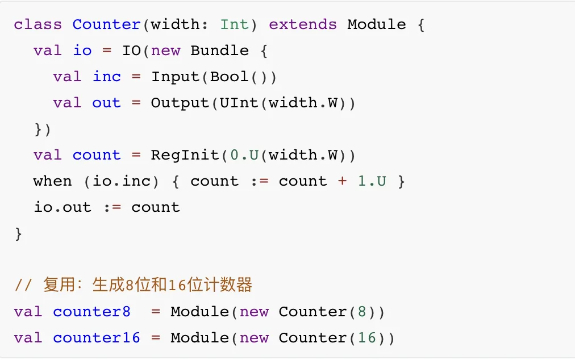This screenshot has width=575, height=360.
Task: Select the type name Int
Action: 234,25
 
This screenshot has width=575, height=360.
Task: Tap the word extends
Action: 302,25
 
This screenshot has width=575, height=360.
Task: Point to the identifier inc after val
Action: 106,77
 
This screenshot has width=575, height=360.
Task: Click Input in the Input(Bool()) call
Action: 175,77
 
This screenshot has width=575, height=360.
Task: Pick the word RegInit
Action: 185,156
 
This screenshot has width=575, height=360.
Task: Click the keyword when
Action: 52,182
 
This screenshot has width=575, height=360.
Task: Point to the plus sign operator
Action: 342,182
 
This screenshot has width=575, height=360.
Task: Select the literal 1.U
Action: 372,182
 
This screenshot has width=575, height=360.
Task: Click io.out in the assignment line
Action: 63,208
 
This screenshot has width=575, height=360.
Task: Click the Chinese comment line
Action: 133,285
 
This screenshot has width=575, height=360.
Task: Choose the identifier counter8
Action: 91,312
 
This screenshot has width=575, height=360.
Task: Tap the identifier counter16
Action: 96,338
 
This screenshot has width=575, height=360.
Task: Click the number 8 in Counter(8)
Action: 362,312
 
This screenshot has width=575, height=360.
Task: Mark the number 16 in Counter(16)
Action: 366,338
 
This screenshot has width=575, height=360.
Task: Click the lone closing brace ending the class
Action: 18,234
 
